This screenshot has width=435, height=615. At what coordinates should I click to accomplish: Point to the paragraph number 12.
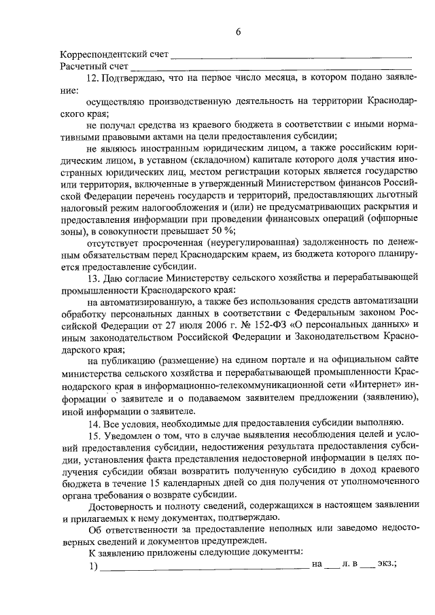pos(94,80)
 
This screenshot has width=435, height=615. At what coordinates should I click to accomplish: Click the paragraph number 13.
pos(94,278)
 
